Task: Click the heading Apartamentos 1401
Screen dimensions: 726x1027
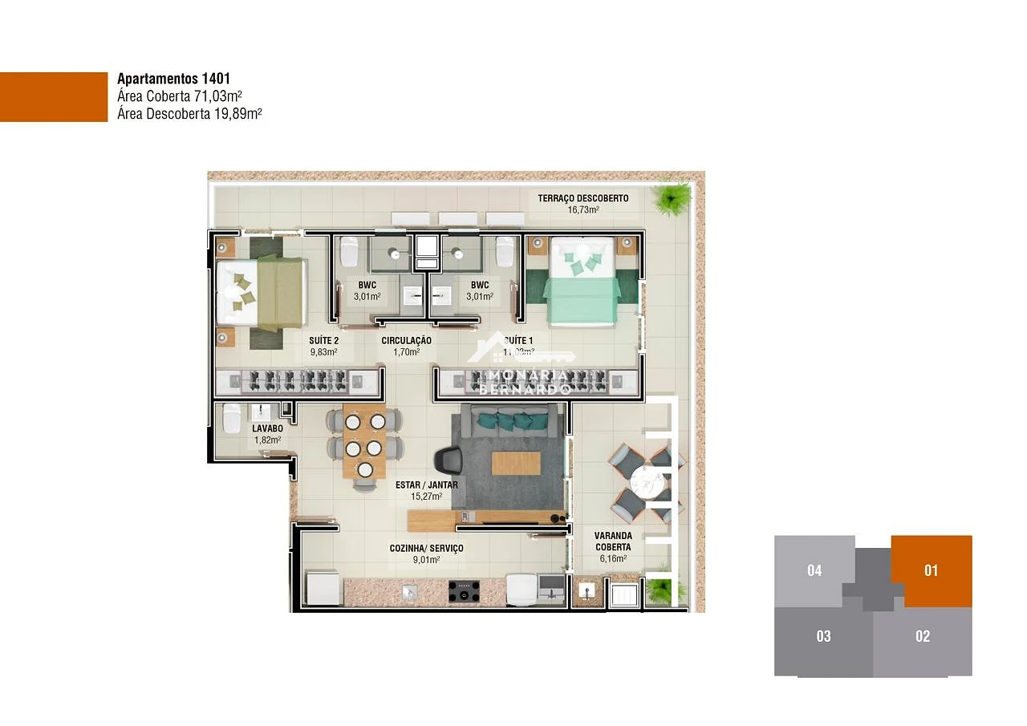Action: click(173, 79)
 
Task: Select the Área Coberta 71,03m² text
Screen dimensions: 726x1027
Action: click(180, 96)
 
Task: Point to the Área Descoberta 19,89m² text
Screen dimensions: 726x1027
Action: click(189, 114)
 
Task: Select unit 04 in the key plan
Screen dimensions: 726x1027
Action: click(814, 570)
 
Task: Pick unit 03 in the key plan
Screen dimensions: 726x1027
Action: click(823, 636)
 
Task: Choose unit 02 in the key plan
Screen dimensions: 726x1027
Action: click(923, 636)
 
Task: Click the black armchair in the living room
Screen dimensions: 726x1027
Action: click(448, 461)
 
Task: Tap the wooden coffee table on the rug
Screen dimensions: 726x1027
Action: click(516, 463)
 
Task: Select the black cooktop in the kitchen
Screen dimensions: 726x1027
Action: click(463, 592)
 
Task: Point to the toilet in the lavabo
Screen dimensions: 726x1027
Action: click(230, 418)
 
